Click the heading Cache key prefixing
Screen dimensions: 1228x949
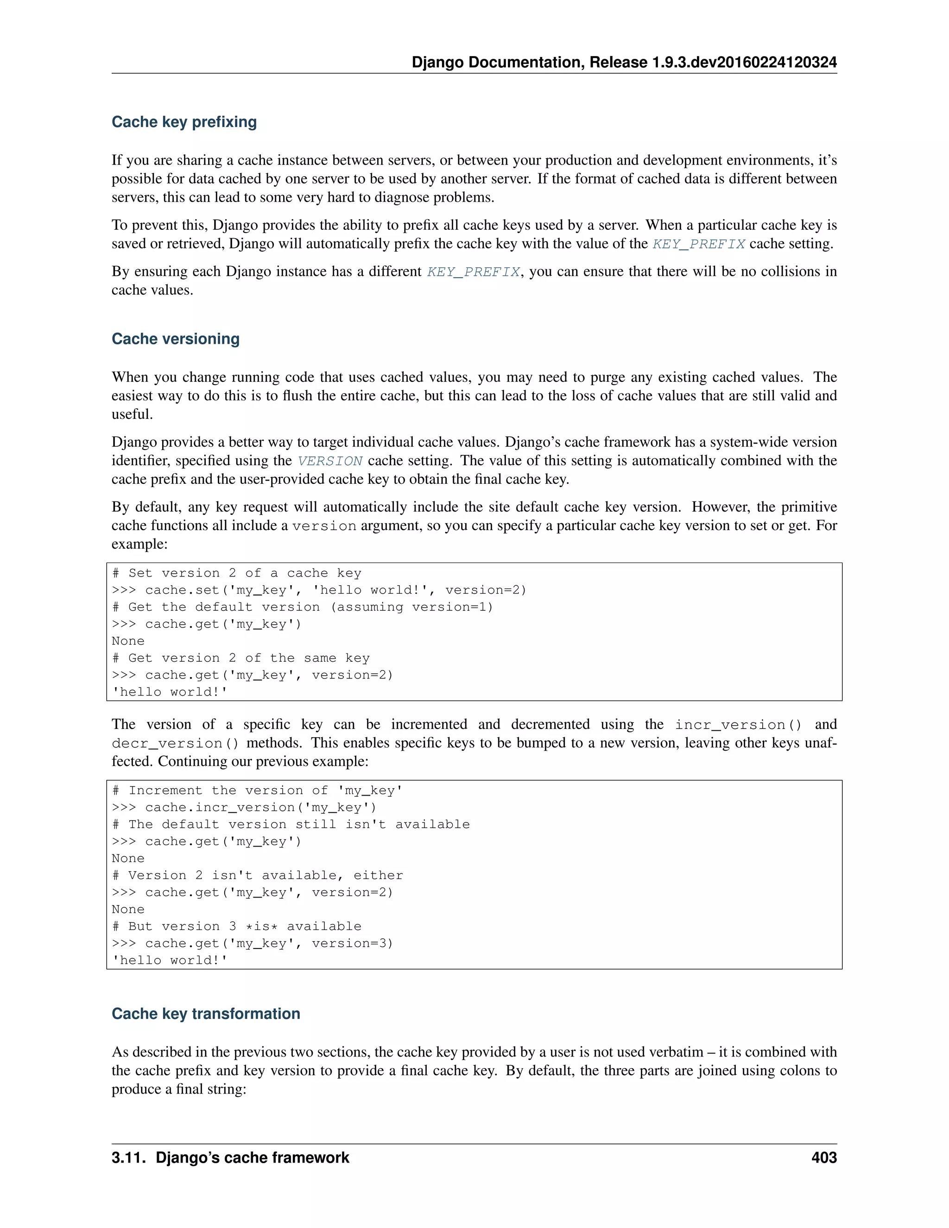click(184, 121)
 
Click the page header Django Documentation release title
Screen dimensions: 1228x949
click(624, 63)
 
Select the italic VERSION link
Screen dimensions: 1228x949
click(330, 461)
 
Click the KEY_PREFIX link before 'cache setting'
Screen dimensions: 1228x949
click(698, 244)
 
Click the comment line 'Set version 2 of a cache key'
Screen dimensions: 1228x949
click(237, 573)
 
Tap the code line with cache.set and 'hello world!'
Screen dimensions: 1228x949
click(319, 590)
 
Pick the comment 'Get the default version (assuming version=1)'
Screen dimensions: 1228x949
click(303, 607)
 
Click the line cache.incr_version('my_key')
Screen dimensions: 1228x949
click(244, 807)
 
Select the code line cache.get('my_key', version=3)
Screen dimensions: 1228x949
click(253, 943)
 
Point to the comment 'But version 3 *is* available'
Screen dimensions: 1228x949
click(237, 926)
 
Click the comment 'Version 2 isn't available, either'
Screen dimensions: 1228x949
click(258, 875)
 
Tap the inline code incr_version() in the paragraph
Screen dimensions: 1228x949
click(738, 725)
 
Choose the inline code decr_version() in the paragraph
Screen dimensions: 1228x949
click(175, 743)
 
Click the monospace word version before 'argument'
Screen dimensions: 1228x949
click(324, 526)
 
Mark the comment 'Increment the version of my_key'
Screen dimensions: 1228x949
click(258, 791)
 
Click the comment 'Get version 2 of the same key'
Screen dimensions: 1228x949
click(240, 658)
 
